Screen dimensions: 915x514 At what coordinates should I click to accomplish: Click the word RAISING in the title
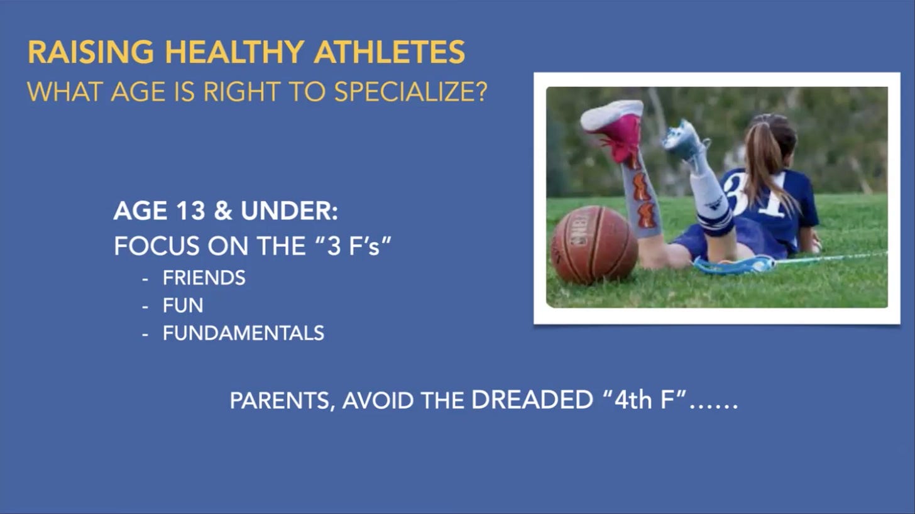tap(90, 52)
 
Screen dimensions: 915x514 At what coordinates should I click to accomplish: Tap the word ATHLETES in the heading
tap(389, 52)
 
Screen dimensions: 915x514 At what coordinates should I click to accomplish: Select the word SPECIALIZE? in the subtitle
tap(411, 92)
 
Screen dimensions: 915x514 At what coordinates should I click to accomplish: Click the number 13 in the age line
tap(191, 211)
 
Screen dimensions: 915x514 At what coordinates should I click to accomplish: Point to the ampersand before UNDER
tap(223, 211)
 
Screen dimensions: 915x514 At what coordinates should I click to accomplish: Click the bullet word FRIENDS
tap(204, 278)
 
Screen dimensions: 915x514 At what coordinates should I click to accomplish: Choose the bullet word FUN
tap(183, 305)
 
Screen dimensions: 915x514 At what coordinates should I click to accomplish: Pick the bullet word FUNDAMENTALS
tap(243, 333)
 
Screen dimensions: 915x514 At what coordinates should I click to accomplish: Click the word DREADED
tap(532, 400)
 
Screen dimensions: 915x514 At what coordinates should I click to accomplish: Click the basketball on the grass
tap(594, 244)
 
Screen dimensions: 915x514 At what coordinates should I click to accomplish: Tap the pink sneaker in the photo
tap(614, 130)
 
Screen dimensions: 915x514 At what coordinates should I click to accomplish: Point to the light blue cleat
tap(684, 141)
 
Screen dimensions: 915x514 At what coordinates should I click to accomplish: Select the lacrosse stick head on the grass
tap(733, 265)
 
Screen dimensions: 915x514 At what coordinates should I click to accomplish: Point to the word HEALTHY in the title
tap(234, 52)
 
